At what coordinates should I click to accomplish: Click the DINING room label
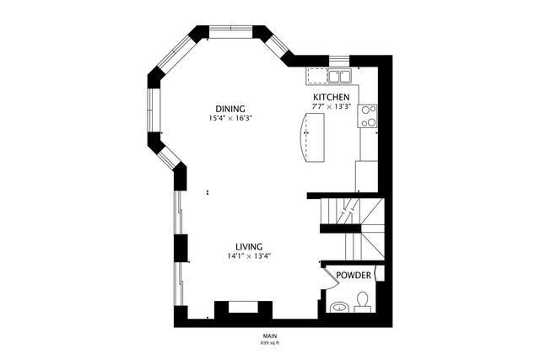tap(230, 109)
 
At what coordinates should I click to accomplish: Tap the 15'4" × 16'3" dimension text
tap(230, 118)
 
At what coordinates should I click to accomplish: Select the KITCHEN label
tap(331, 97)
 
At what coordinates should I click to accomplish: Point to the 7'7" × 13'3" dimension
tap(331, 107)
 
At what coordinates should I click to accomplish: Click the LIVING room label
tap(249, 247)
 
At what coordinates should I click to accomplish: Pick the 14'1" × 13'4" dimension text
tap(249, 256)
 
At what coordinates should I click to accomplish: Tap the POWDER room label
tap(354, 276)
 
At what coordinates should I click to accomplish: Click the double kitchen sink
tap(339, 76)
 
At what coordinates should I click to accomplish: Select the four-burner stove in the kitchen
tap(368, 116)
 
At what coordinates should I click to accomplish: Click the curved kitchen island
tap(313, 137)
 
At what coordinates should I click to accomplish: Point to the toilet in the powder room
tap(362, 302)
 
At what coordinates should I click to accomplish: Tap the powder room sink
tap(339, 307)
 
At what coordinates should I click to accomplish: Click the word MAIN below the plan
tap(270, 336)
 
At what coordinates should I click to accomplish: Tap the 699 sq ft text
tap(270, 343)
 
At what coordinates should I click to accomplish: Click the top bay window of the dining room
tap(231, 31)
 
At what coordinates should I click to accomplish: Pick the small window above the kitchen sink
tap(339, 61)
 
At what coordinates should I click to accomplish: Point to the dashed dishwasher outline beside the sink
tap(317, 76)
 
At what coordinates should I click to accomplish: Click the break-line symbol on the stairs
tap(348, 212)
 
